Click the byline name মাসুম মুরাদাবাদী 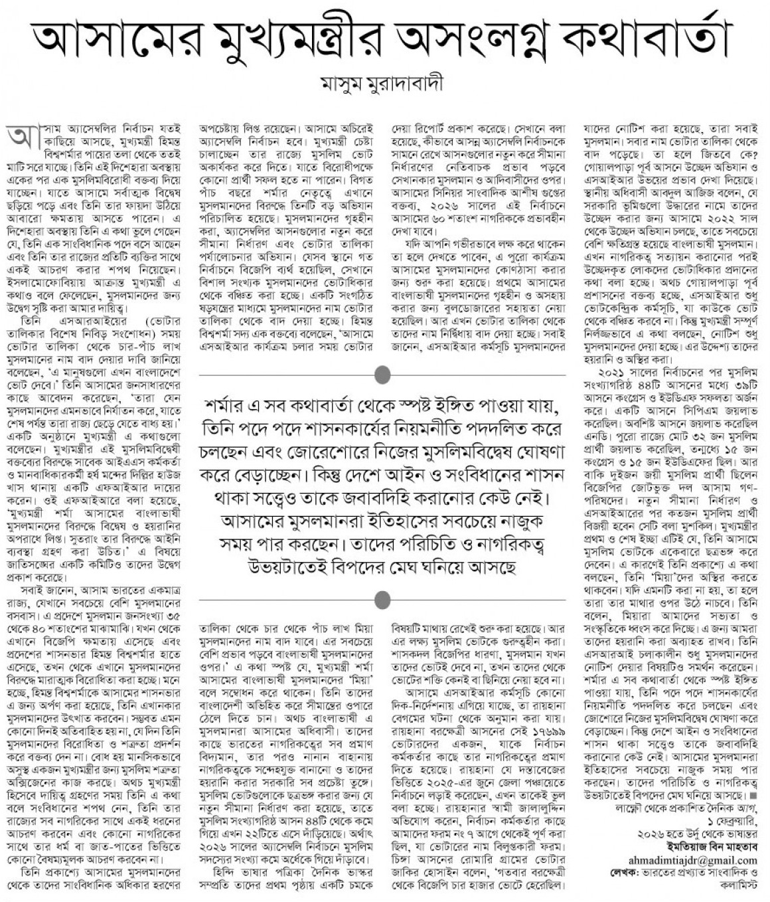(x=384, y=85)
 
